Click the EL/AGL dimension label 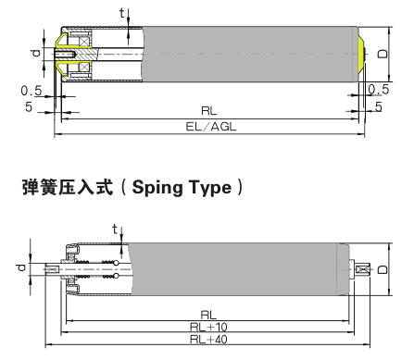coord(209,126)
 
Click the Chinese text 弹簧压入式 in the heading coord(66,187)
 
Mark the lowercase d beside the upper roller coord(36,53)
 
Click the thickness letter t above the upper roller coord(121,12)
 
